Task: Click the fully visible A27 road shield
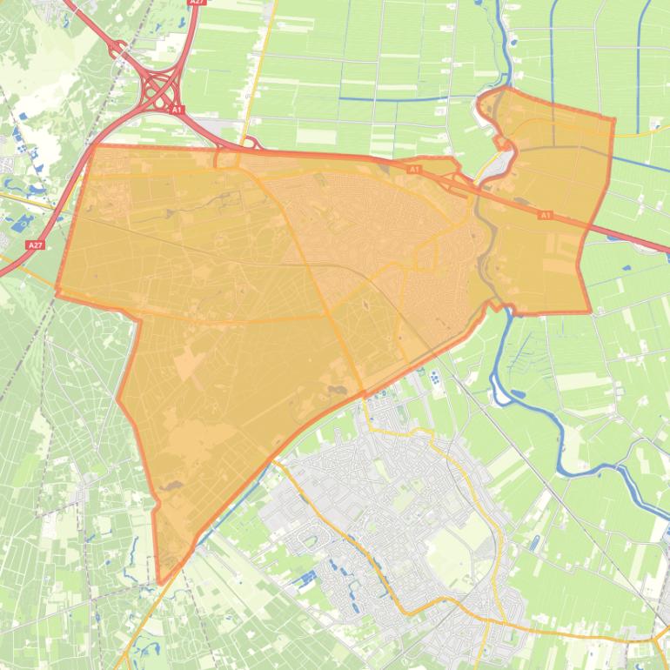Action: point(34,245)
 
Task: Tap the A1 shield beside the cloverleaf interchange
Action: point(178,110)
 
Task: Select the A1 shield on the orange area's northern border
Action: point(414,169)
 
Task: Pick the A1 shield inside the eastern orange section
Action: point(546,215)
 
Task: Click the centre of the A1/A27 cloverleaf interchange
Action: point(160,87)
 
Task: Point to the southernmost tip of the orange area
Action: point(160,582)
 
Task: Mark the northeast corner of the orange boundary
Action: point(613,120)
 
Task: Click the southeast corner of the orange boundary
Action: point(589,312)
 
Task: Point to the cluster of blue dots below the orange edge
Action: point(432,377)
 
